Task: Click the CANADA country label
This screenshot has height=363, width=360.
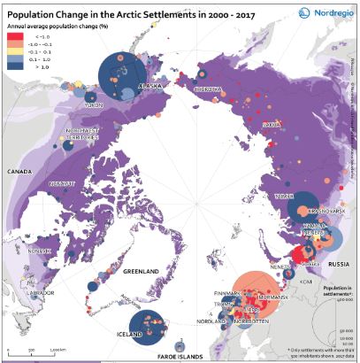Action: coord(19,170)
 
